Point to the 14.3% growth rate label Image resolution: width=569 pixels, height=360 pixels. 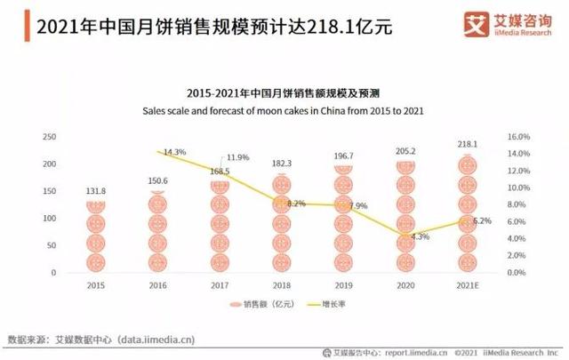174,152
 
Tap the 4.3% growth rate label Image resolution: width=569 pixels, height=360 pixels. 421,236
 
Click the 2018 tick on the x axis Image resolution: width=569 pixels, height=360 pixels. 282,286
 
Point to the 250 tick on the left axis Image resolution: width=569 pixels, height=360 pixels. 50,138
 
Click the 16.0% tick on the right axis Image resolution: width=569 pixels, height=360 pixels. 519,138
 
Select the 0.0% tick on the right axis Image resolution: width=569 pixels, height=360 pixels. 519,273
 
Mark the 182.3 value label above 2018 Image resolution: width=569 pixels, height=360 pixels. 282,164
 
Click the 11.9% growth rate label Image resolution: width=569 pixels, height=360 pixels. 237,157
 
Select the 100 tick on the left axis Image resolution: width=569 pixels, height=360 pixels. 50,219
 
